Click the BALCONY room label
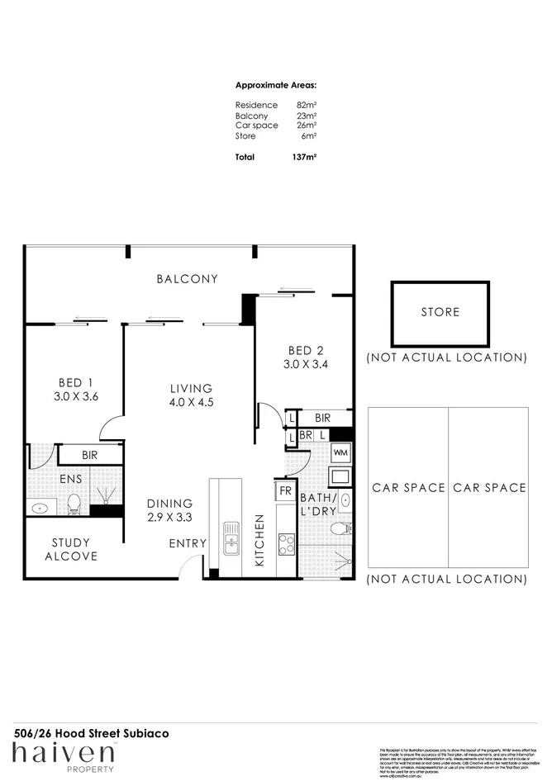click(188, 279)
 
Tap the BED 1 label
click(75, 383)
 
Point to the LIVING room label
click(191, 388)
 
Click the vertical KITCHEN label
click(259, 540)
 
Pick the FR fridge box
click(285, 490)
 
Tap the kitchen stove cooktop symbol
click(286, 544)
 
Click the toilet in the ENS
click(73, 503)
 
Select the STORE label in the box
click(440, 313)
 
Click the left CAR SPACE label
click(407, 488)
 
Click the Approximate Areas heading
click(276, 86)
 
